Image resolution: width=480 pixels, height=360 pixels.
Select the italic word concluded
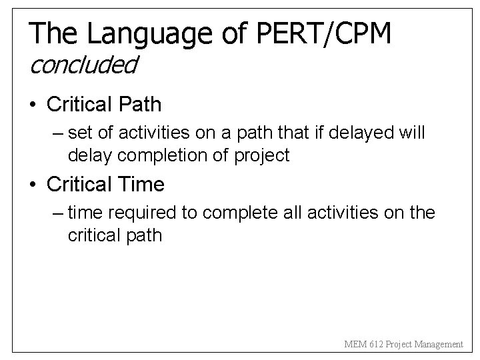click(83, 65)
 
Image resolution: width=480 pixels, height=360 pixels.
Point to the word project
click(261, 156)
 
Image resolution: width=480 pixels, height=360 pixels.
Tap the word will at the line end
click(413, 134)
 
